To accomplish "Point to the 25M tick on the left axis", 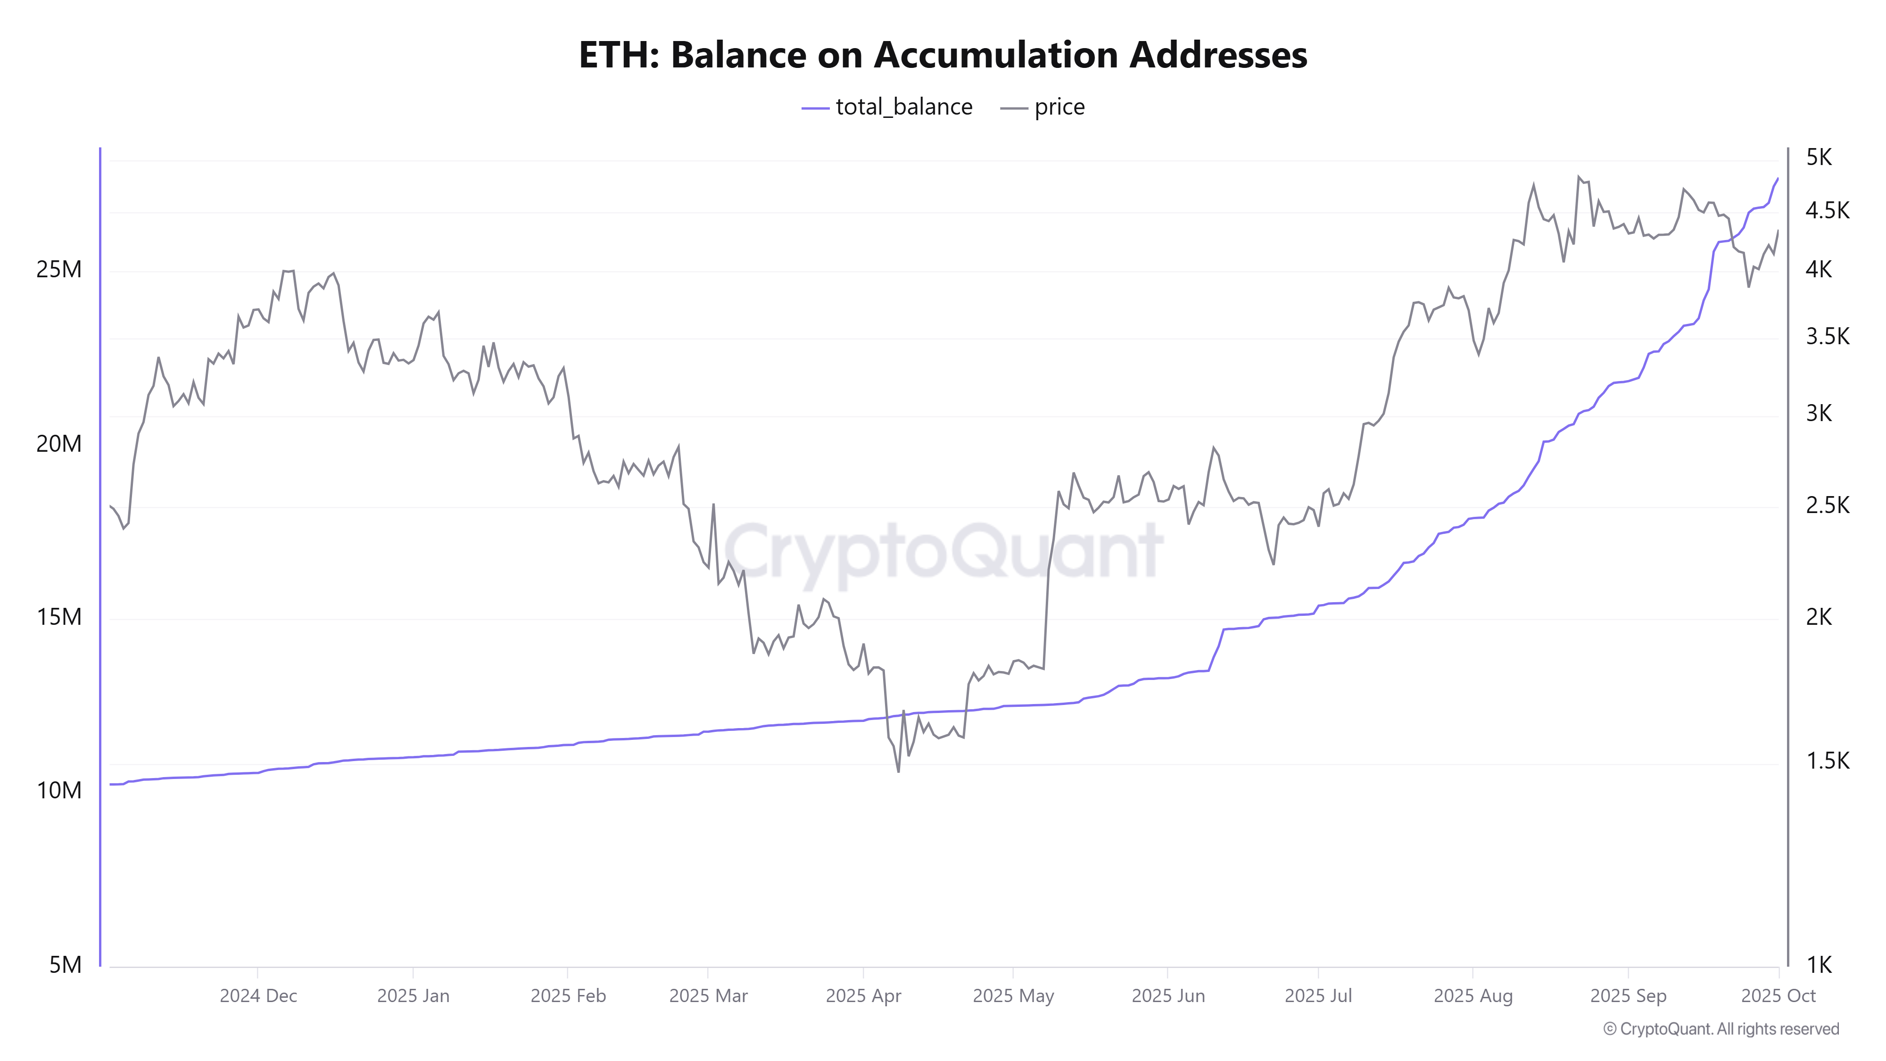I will pyautogui.click(x=58, y=269).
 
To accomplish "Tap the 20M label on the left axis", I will pyautogui.click(x=58, y=444).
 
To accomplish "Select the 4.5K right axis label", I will pyautogui.click(x=1827, y=211).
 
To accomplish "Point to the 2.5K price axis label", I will pyautogui.click(x=1827, y=505).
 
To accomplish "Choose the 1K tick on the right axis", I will pyautogui.click(x=1819, y=965).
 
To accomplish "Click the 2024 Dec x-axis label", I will pyautogui.click(x=258, y=996).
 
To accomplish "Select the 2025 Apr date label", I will pyautogui.click(x=863, y=996).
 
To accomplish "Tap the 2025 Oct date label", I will pyautogui.click(x=1778, y=996).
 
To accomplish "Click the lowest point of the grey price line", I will pyautogui.click(x=898, y=771).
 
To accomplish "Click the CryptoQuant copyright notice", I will pyautogui.click(x=1721, y=1029).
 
